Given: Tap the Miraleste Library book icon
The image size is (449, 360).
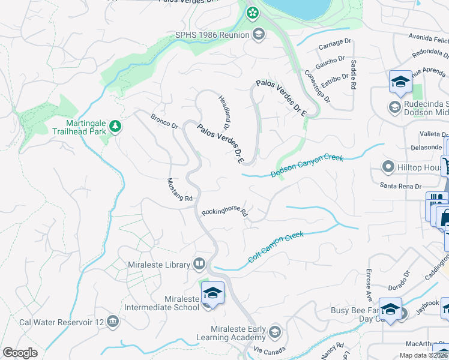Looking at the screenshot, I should click(199, 264).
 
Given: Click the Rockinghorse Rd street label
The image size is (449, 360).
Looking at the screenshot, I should click(224, 212).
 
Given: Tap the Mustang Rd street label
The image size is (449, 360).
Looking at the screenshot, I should click(179, 190).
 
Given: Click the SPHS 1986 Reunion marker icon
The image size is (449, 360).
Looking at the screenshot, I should click(259, 34).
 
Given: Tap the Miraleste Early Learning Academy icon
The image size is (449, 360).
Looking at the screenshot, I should click(274, 331).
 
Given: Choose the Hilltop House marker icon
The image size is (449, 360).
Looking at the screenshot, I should click(388, 166).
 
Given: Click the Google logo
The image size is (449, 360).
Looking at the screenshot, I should click(20, 353).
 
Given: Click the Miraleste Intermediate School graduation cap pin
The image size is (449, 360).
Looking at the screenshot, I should click(212, 293).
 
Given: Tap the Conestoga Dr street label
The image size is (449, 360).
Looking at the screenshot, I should click(318, 87).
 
